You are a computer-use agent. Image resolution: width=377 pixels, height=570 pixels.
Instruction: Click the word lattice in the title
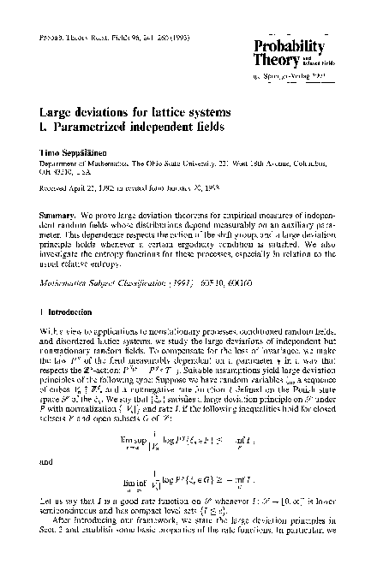click(173, 112)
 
